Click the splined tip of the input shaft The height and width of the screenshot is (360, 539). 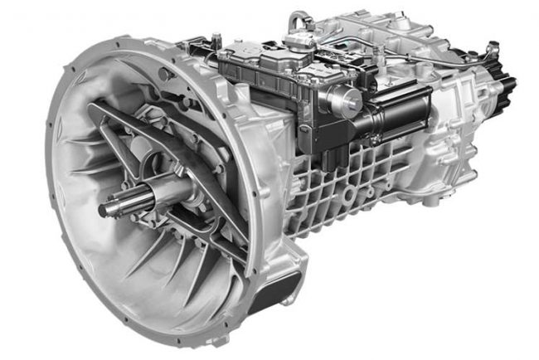pyautogui.click(x=112, y=208)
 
